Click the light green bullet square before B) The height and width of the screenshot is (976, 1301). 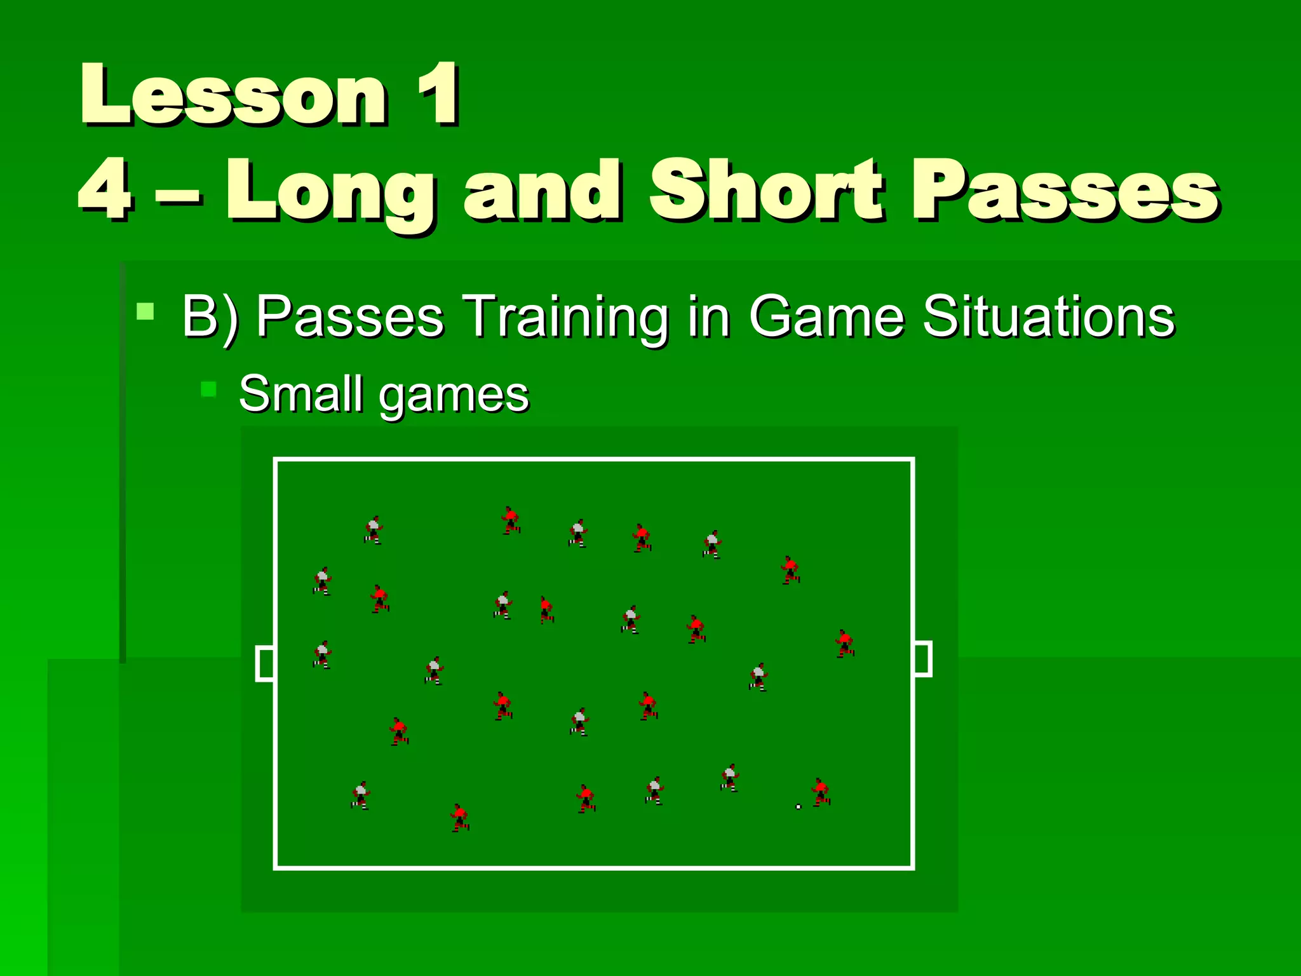[x=145, y=311]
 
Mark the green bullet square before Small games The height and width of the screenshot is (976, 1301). [x=208, y=389]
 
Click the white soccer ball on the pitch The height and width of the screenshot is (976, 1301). [x=799, y=807]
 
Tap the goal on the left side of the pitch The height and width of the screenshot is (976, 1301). [x=265, y=663]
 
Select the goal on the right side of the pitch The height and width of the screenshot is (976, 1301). [x=923, y=659]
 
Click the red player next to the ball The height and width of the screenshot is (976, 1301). [x=821, y=792]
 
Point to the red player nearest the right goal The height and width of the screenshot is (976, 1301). [x=844, y=644]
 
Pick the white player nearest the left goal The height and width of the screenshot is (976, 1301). [x=323, y=654]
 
